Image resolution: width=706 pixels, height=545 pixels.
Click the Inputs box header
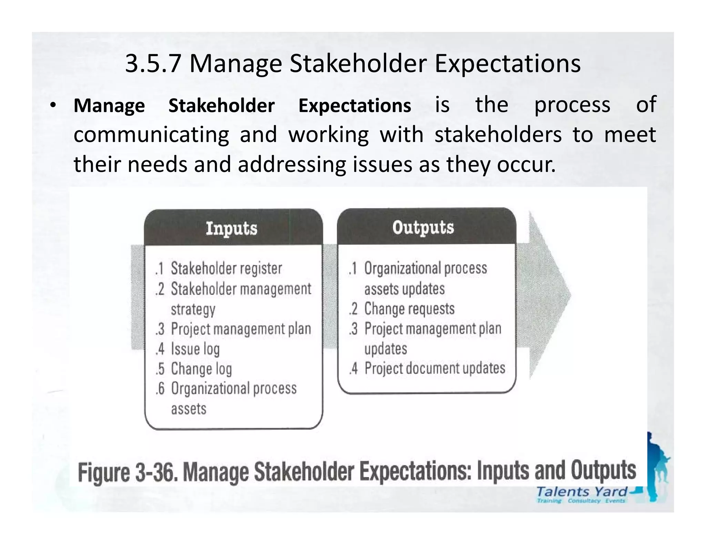pos(232,228)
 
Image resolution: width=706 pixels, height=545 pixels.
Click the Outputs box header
pos(423,227)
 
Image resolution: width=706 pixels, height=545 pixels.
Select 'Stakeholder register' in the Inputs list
pos(226,268)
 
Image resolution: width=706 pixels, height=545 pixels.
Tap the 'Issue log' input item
pos(195,349)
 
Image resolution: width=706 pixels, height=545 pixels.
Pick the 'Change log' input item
pos(201,369)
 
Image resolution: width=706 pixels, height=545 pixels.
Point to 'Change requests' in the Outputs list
pos(409,309)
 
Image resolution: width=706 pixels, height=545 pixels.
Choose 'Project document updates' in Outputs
pos(435,368)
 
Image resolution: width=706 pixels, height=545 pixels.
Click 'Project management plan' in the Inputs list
pos(241,329)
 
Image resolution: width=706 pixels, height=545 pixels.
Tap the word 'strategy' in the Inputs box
pos(193,309)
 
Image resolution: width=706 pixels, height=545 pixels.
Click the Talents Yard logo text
pos(581,492)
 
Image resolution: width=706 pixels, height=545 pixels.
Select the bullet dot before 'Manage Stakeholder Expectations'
pos(52,105)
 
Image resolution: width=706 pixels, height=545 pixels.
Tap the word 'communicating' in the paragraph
pos(151,134)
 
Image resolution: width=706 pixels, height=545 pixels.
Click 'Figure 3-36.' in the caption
pos(128,472)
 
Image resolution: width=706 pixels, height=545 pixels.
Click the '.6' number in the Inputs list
pos(160,389)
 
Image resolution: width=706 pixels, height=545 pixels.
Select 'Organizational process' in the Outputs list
pos(425,268)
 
